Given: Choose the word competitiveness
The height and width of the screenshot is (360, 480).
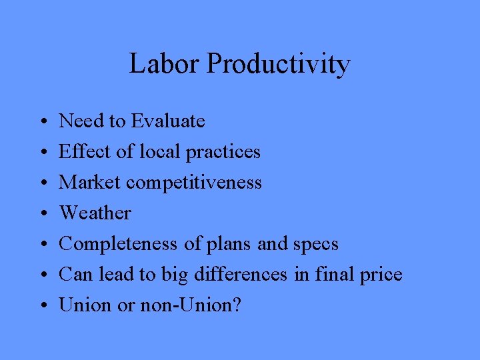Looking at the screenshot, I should pyautogui.click(x=194, y=183).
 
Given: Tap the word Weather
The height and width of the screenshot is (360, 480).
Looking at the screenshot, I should pyautogui.click(x=95, y=213).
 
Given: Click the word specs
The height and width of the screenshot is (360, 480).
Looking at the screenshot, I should pyautogui.click(x=315, y=245).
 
